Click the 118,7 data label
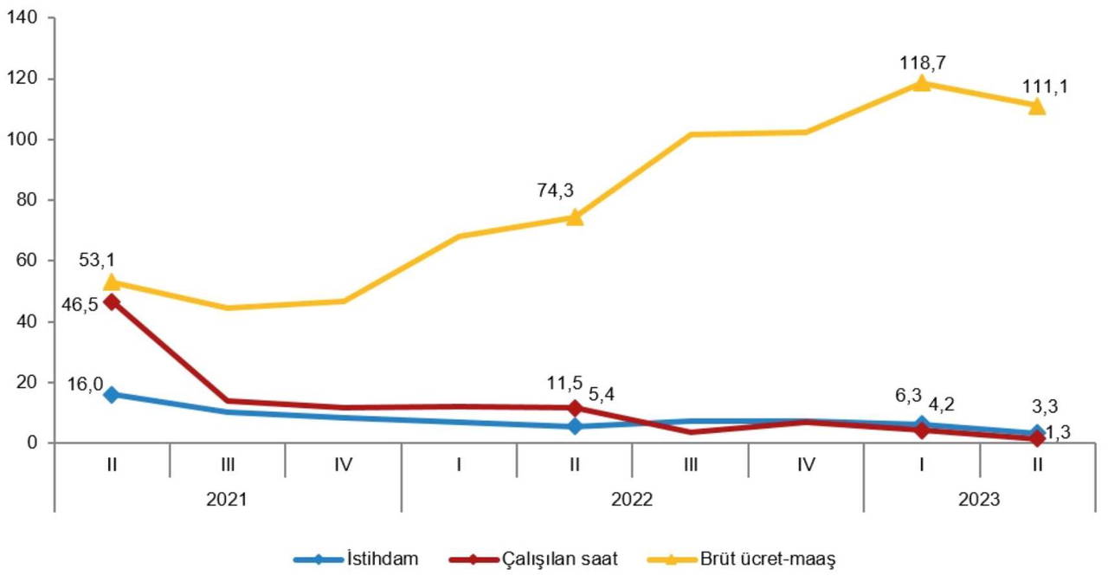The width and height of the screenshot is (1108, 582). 922,61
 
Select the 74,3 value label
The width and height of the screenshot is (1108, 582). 556,191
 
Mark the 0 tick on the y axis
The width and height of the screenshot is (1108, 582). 38,443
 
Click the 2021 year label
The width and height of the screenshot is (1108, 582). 228,500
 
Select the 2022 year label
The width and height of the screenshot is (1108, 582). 633,500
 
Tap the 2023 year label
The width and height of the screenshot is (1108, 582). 980,500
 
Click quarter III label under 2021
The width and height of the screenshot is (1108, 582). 228,464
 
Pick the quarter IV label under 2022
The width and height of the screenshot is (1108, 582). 806,464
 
